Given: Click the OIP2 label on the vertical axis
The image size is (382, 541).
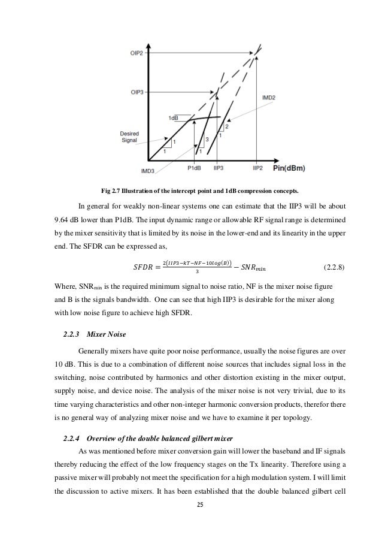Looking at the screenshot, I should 137,53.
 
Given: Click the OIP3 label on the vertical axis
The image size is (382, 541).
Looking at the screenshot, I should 137,92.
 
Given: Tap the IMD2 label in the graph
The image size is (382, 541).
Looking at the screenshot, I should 269,97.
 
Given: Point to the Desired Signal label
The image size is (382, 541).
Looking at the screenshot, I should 129,137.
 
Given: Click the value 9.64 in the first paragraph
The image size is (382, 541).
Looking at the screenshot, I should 62,226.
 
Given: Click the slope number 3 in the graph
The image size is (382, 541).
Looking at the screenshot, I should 207,140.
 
